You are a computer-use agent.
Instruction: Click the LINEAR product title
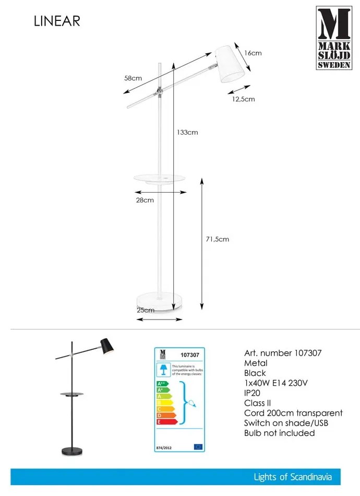click(57, 21)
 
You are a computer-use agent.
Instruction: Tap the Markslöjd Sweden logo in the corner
click(334, 38)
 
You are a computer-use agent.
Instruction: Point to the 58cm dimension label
click(133, 78)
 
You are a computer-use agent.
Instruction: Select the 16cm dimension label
click(253, 53)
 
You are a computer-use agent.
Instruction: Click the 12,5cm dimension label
click(243, 99)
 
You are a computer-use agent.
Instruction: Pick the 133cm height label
click(187, 132)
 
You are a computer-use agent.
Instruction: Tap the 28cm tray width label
click(145, 199)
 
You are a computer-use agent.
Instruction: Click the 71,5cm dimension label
click(217, 239)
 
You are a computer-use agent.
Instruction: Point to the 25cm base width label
click(146, 310)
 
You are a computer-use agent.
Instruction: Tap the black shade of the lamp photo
click(107, 345)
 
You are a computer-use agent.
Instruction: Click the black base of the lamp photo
click(72, 450)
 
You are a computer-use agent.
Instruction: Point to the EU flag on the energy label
click(198, 446)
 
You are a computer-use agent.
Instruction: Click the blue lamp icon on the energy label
click(163, 370)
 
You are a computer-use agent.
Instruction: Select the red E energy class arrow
click(166, 421)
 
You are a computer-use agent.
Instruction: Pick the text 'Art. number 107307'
click(283, 353)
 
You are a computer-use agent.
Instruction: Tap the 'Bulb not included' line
click(279, 433)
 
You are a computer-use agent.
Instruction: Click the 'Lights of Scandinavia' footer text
click(292, 477)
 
